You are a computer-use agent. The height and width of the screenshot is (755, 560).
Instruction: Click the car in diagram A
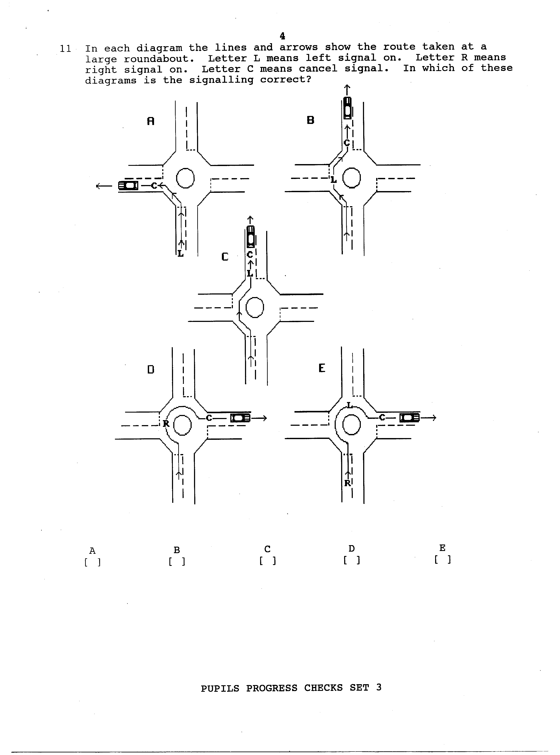click(128, 186)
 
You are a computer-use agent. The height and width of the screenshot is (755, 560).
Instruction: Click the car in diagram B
click(347, 108)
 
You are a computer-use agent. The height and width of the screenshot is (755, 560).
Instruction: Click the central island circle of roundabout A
click(185, 178)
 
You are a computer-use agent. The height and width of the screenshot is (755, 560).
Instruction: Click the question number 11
click(65, 49)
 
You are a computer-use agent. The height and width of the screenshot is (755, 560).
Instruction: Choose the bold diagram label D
click(151, 370)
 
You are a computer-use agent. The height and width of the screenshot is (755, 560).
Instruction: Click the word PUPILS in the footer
click(220, 688)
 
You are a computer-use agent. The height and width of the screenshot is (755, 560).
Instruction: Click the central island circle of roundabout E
click(352, 425)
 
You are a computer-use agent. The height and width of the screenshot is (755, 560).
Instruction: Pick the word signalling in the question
click(221, 80)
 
